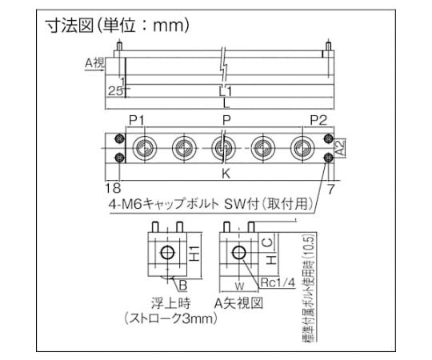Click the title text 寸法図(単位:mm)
tap(117, 26)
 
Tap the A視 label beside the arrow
tap(95, 63)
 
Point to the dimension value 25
tap(116, 91)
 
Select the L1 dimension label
tap(225, 91)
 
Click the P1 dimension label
tap(136, 120)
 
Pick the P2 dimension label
tap(318, 120)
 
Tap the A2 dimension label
tap(341, 147)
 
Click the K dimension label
tap(226, 174)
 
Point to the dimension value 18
tap(114, 188)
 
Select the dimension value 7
tap(330, 189)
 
